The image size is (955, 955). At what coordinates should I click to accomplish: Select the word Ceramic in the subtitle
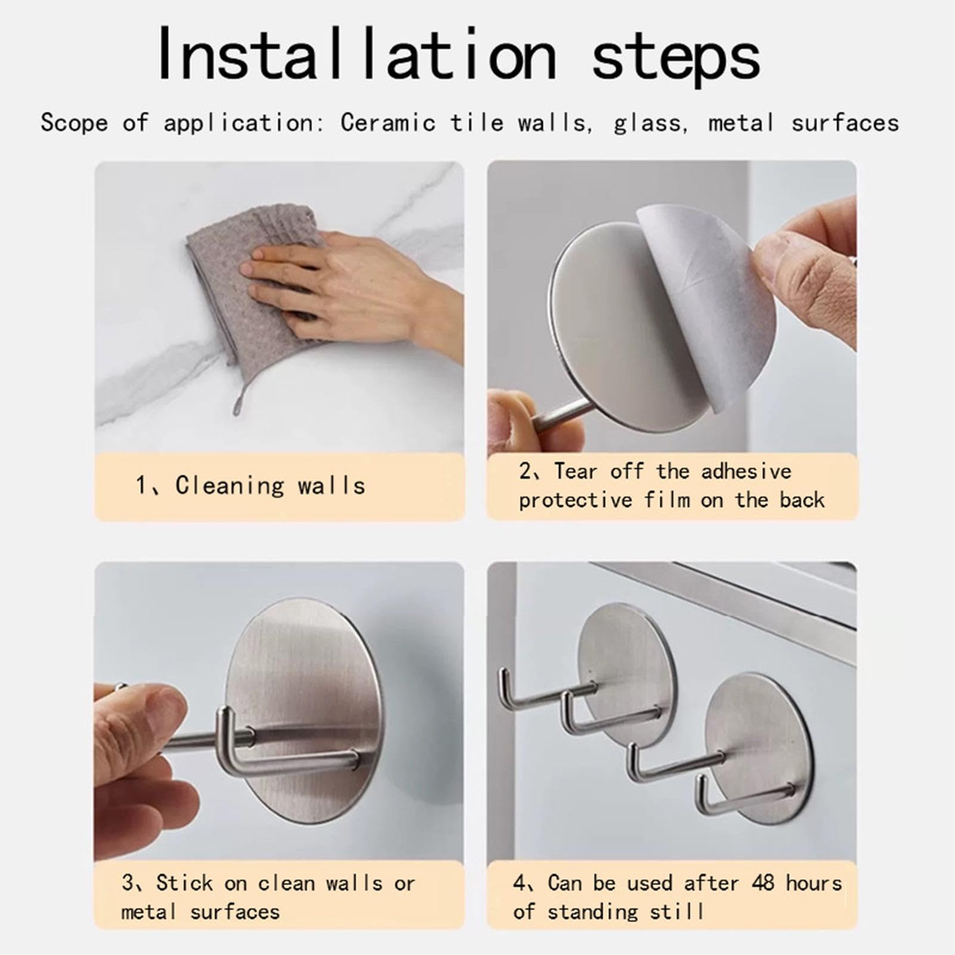click(388, 123)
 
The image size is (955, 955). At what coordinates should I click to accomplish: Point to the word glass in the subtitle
click(647, 123)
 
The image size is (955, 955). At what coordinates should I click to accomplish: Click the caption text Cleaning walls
click(270, 486)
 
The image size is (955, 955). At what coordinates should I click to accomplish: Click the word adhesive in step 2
click(746, 471)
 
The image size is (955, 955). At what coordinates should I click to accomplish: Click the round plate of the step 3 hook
click(304, 710)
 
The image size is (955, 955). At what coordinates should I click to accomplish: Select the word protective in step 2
click(575, 500)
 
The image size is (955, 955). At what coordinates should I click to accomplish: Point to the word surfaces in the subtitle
click(845, 123)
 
